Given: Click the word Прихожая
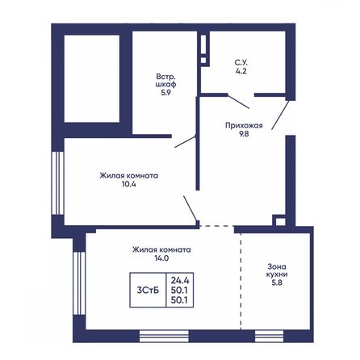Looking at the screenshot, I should coord(242,126).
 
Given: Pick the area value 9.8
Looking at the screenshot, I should coord(242,136).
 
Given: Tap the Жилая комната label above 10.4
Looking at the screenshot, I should coord(129,174).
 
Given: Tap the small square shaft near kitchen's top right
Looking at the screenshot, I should coord(278,220).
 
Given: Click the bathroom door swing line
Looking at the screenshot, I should coord(237,101).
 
